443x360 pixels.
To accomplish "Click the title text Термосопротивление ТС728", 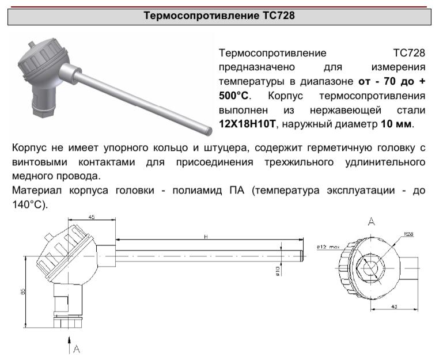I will tap(219, 16).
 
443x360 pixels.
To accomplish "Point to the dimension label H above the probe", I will tap(205, 237).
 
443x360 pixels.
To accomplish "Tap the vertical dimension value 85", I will tap(24, 292).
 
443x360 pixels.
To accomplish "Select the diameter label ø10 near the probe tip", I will tap(277, 270).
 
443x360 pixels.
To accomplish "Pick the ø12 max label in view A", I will tap(329, 247).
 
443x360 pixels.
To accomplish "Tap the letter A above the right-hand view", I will tap(372, 221).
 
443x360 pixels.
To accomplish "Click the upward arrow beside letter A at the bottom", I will tap(70, 347).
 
